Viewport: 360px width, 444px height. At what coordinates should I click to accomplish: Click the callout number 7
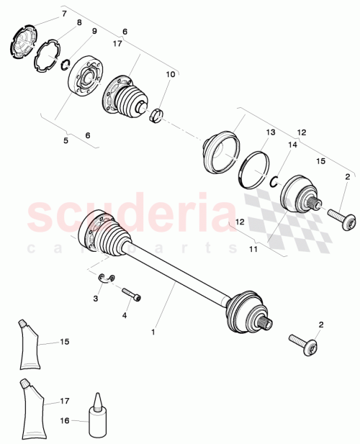63,14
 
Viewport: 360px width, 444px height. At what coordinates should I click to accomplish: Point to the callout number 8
79,23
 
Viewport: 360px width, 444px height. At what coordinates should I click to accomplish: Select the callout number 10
170,74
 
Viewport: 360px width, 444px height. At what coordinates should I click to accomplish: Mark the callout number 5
66,140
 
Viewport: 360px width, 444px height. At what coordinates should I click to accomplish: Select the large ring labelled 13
251,170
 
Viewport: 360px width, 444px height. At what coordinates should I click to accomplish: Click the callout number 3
95,297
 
